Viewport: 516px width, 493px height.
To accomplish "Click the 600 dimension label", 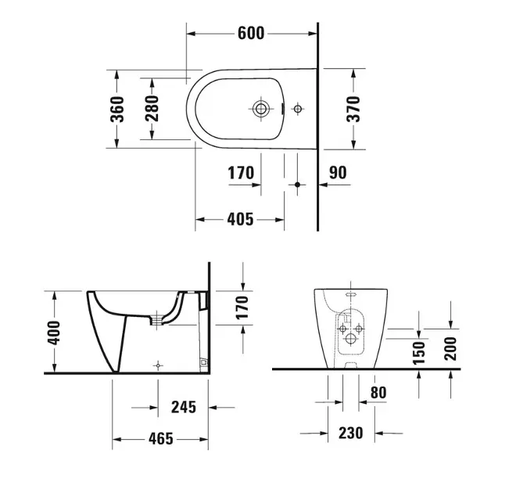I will click(x=251, y=33).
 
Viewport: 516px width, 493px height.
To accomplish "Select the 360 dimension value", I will click(x=116, y=110).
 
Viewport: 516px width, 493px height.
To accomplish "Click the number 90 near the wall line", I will click(x=338, y=173).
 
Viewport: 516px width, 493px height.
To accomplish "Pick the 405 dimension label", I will click(x=239, y=220).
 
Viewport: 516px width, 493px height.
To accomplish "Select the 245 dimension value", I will click(x=182, y=407).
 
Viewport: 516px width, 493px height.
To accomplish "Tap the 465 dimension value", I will click(x=162, y=440).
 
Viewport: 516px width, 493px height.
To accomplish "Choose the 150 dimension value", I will click(x=420, y=352).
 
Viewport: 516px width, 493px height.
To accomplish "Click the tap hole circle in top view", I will click(x=261, y=108).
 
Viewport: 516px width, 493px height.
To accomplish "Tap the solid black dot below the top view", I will click(x=296, y=184).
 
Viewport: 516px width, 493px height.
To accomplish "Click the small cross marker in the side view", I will click(x=159, y=365).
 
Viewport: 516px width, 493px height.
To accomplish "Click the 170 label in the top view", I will click(x=241, y=173).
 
